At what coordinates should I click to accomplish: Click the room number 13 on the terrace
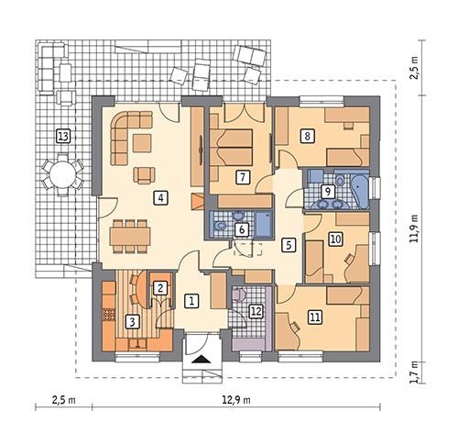click(62, 137)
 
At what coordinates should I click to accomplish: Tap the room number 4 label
click(160, 196)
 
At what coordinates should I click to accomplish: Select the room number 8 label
click(308, 136)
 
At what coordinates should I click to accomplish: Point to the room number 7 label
click(243, 177)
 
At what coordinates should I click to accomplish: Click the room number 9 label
click(328, 191)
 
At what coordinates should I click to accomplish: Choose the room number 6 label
click(242, 229)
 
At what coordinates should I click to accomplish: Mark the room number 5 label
click(288, 245)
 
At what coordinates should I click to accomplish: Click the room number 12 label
click(256, 311)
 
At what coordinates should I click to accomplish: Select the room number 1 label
click(191, 299)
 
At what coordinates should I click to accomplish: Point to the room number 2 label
click(160, 288)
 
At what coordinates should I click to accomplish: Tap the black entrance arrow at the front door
click(204, 361)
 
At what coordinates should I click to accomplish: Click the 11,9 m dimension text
click(414, 225)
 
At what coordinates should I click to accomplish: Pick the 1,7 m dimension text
click(414, 373)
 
